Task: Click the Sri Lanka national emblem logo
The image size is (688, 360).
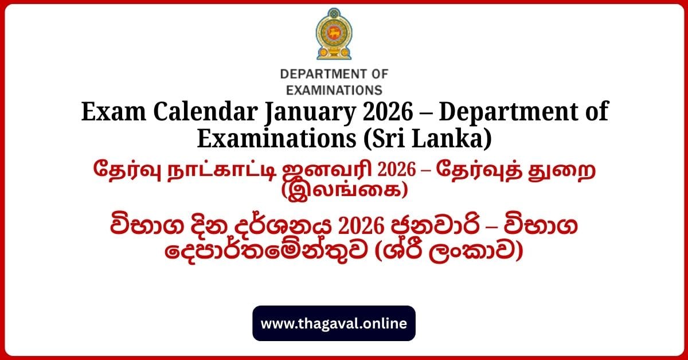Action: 334,34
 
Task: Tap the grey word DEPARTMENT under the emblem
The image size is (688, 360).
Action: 320,75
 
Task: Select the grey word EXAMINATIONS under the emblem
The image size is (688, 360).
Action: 334,91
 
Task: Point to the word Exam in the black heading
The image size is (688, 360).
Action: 114,111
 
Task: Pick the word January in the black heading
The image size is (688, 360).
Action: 310,113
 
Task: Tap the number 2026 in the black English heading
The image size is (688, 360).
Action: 388,112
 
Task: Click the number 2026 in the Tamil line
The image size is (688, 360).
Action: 397,170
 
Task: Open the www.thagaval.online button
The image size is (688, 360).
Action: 334,323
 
